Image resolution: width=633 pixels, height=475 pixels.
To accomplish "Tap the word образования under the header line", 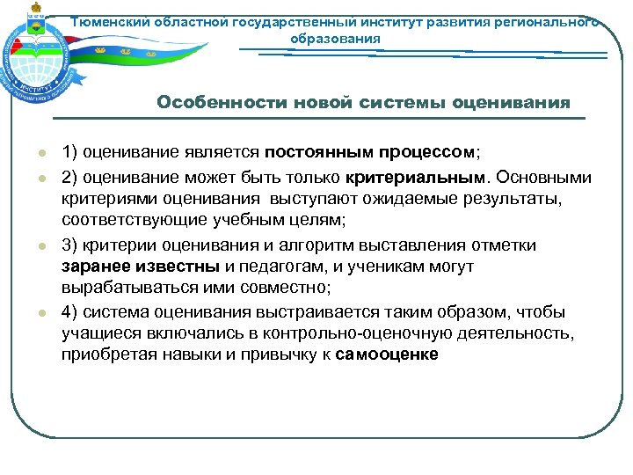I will pyautogui.click(x=336, y=39).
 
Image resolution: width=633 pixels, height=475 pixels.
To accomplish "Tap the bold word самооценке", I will pyautogui.click(x=387, y=354).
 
